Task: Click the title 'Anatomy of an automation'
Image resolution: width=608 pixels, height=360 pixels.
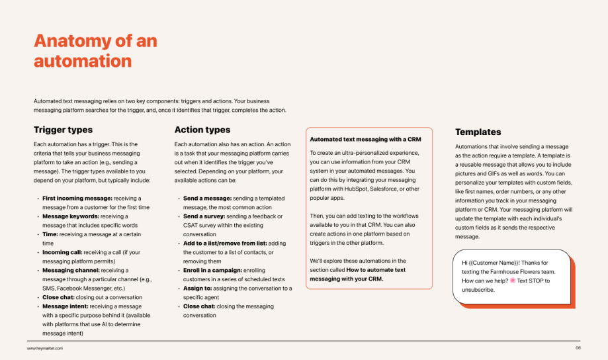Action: [95, 51]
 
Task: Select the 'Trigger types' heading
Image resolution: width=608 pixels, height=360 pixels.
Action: [63, 130]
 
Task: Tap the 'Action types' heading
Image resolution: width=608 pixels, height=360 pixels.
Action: [202, 130]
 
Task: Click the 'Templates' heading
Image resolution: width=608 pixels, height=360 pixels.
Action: [478, 132]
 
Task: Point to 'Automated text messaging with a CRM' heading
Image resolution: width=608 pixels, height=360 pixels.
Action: [365, 139]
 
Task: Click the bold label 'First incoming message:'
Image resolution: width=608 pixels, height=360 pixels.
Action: [77, 198]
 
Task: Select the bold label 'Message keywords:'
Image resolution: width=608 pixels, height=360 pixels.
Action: [71, 216]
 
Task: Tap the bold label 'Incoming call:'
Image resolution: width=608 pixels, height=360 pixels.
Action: [62, 252]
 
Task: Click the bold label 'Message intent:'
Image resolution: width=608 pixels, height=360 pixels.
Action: [66, 306]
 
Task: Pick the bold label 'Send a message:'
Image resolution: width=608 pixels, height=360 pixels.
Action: [207, 198]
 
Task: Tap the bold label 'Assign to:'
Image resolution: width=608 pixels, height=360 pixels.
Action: [197, 288]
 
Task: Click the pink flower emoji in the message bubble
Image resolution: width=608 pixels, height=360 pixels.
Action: [512, 281]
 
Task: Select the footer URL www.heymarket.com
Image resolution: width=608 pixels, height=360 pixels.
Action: [45, 348]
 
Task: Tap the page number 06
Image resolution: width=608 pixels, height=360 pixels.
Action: [578, 348]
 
